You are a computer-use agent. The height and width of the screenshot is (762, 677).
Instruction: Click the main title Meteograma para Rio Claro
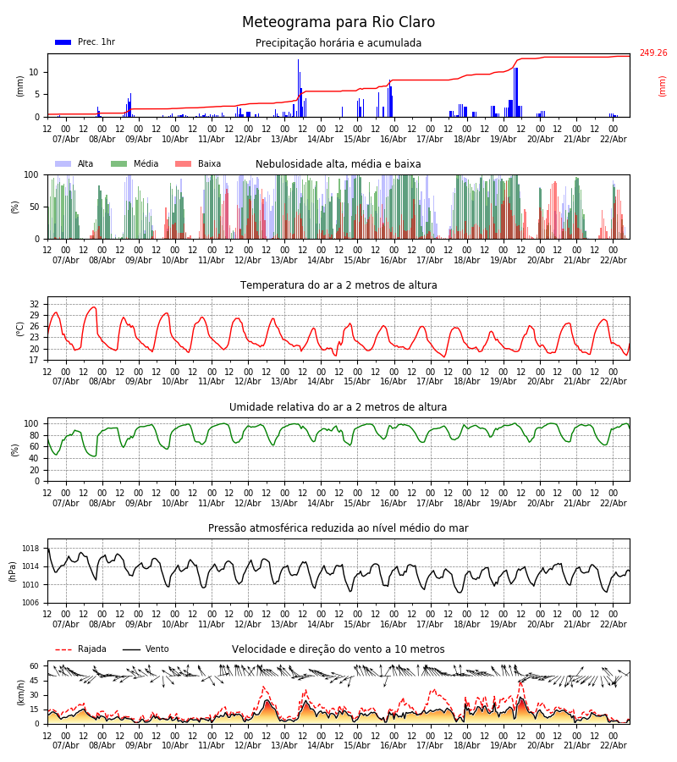(338, 23)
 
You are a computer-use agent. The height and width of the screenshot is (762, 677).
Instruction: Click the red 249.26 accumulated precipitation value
(652, 53)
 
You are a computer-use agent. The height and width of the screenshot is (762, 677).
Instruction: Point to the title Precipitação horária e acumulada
(338, 43)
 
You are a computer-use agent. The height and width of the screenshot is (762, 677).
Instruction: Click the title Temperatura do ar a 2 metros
(338, 285)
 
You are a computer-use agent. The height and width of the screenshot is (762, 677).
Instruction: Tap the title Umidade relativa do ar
(338, 407)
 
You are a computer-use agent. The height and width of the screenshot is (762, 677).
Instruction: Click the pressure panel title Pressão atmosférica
(338, 528)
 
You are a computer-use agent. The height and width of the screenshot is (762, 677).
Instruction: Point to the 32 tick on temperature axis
(35, 304)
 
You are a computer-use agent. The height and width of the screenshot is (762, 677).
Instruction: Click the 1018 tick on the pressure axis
(31, 549)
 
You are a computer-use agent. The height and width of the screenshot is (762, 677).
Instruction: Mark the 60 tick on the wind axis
(35, 666)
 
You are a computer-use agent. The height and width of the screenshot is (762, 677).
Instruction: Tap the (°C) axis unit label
(20, 329)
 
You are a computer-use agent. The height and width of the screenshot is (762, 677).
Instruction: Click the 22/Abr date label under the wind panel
(613, 745)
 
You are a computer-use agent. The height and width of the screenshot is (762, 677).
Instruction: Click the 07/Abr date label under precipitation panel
(65, 139)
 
